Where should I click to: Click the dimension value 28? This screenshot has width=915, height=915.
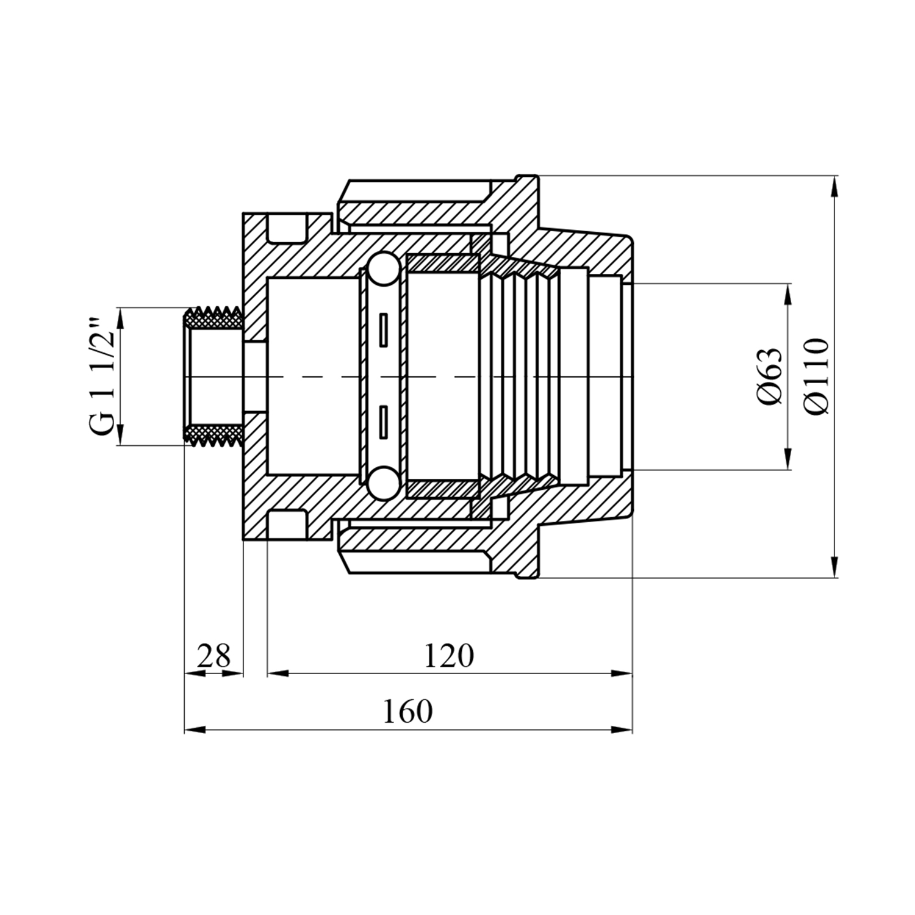tap(214, 656)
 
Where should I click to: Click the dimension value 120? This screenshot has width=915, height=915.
tap(448, 656)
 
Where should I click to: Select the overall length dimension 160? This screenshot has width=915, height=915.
tap(407, 711)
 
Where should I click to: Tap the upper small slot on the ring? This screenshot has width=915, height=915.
tap(383, 330)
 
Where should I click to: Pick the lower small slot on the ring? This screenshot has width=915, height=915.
tap(383, 421)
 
